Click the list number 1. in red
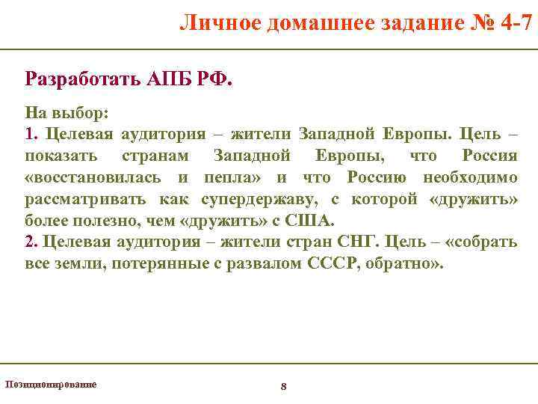[x=31, y=134]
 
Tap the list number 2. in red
[x=31, y=242]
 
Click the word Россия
[x=489, y=156]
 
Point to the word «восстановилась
[x=93, y=177]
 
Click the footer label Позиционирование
[x=51, y=384]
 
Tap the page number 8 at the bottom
[x=283, y=386]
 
